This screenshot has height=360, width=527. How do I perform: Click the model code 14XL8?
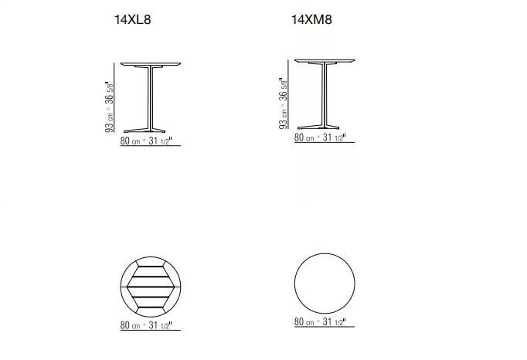tap(133, 19)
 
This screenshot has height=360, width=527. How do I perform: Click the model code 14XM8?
tap(311, 19)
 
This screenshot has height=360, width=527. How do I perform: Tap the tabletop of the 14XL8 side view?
tap(151, 64)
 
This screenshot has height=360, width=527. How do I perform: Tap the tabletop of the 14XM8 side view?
tap(325, 60)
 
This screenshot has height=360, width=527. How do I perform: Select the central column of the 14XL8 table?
tap(151, 97)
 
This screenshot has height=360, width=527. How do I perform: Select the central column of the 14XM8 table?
tap(325, 95)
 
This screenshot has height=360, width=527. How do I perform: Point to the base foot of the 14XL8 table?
tap(144, 131)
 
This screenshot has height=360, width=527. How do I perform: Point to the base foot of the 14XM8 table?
tap(318, 127)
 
